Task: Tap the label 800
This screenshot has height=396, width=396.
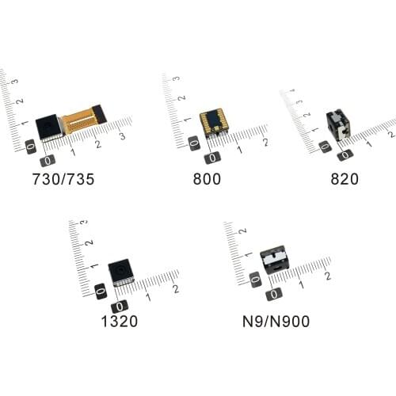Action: pyautogui.click(x=208, y=179)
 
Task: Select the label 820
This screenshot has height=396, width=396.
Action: pyautogui.click(x=345, y=179)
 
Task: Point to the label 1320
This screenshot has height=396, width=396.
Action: pyautogui.click(x=120, y=322)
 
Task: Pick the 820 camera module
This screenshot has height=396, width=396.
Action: pyautogui.click(x=339, y=124)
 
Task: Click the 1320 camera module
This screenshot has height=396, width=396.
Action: pyautogui.click(x=120, y=272)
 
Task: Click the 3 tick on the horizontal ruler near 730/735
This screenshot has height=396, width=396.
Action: pyautogui.click(x=122, y=138)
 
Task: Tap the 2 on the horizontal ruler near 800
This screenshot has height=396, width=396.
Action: pyautogui.click(x=264, y=143)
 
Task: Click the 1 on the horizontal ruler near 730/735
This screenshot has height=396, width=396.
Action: pyautogui.click(x=73, y=150)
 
